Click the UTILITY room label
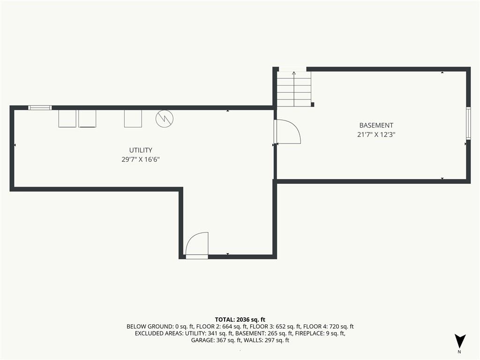141,150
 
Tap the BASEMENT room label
376,125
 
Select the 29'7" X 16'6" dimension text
141,159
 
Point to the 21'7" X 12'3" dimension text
376,135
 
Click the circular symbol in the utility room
165,119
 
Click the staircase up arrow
294,89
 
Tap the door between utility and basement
288,132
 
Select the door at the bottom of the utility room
197,245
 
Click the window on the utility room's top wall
40,107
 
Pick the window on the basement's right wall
468,123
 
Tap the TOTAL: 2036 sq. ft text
240,320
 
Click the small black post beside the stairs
312,105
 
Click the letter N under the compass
459,352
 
